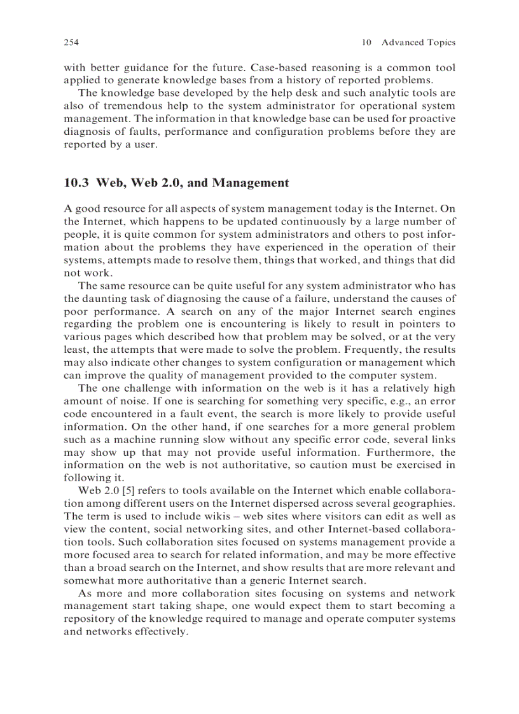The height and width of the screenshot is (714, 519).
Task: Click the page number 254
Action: coord(71,43)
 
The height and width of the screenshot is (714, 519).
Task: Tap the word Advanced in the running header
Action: coord(402,43)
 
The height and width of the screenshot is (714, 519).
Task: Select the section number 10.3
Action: coord(77,183)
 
